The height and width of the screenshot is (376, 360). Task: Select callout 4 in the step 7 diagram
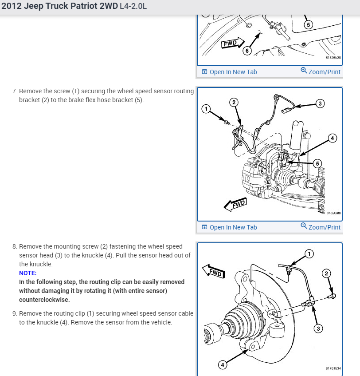(333, 138)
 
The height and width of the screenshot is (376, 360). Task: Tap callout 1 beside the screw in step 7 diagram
(205, 109)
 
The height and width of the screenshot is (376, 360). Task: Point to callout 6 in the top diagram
(247, 51)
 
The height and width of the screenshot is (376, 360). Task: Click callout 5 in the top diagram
(309, 24)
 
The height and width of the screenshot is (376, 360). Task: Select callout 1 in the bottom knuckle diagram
(309, 254)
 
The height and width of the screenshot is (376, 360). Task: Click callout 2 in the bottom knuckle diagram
(327, 273)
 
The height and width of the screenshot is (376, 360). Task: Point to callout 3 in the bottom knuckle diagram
(318, 329)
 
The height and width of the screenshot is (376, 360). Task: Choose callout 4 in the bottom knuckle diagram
(223, 365)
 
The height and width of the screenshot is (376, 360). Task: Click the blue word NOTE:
(28, 273)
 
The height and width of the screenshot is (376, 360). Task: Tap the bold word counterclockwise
(44, 299)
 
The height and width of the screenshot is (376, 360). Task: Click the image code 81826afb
(333, 213)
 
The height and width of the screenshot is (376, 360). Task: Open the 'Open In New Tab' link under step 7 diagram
(233, 227)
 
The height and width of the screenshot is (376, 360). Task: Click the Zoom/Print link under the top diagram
(324, 72)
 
